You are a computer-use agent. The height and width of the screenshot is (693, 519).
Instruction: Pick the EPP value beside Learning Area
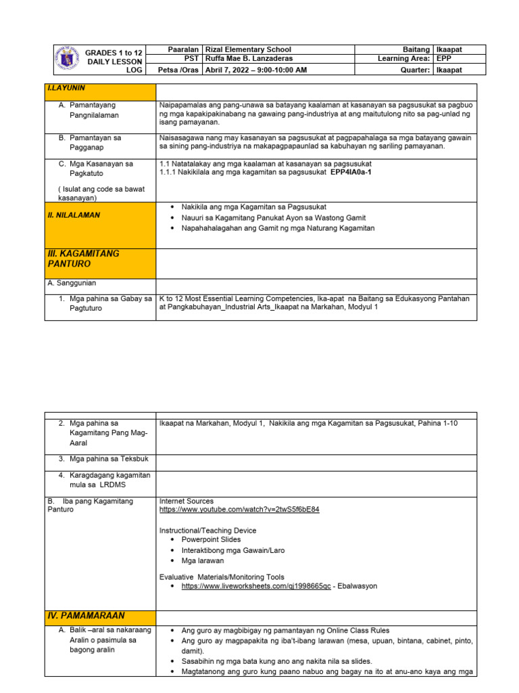pyautogui.click(x=445, y=60)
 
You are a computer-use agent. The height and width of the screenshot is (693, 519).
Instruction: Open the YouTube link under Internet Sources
pyautogui.click(x=239, y=510)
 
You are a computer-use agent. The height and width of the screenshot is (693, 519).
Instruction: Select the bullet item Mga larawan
pyautogui.click(x=203, y=561)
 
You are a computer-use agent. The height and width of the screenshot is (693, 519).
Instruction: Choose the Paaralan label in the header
pyautogui.click(x=184, y=49)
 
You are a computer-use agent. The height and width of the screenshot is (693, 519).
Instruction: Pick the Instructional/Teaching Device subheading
pyautogui.click(x=207, y=530)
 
